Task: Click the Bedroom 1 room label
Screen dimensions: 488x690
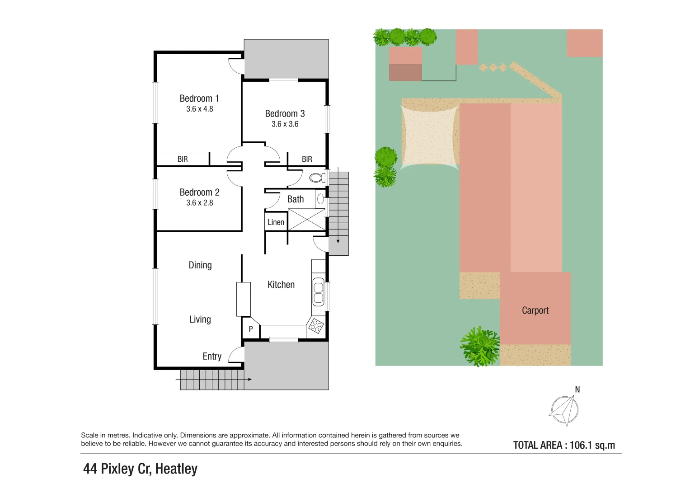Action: click(x=199, y=99)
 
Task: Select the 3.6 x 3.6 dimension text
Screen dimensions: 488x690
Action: click(x=285, y=124)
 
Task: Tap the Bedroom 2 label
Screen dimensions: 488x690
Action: click(x=199, y=192)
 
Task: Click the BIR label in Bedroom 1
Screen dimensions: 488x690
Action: click(x=183, y=159)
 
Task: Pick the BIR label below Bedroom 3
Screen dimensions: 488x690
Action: click(x=307, y=159)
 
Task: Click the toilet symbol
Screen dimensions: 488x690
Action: click(x=317, y=178)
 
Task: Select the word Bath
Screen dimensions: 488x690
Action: click(x=296, y=199)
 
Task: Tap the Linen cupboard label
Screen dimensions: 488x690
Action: click(x=276, y=222)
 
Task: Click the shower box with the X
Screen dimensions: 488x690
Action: click(x=306, y=220)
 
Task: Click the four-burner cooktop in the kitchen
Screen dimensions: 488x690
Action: click(x=316, y=326)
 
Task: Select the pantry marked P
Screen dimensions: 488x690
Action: click(x=251, y=329)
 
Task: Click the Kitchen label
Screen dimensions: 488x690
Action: click(x=281, y=285)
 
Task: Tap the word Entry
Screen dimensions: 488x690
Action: click(x=212, y=357)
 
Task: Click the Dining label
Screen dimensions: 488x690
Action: click(x=200, y=265)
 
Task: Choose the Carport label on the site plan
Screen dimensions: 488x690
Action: click(x=535, y=310)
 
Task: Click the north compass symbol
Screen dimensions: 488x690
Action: click(x=564, y=410)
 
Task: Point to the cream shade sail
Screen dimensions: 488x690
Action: click(x=429, y=136)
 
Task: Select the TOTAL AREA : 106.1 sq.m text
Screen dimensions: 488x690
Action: click(x=564, y=445)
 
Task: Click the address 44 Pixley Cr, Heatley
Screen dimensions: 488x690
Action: click(x=140, y=469)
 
